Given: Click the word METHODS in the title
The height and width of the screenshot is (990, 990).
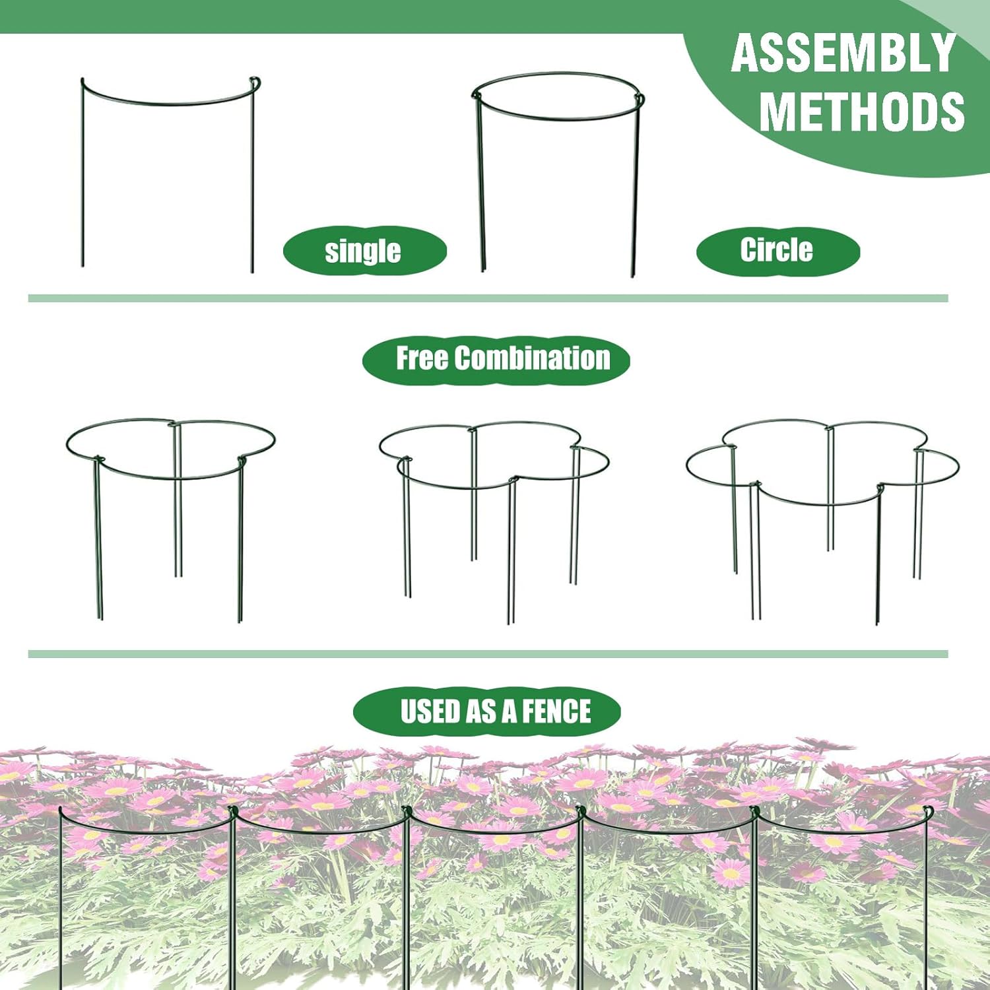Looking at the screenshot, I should click(x=862, y=111).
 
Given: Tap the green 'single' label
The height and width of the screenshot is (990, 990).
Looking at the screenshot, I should click(x=364, y=251).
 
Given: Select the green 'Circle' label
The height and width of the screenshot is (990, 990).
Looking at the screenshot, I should click(x=777, y=250).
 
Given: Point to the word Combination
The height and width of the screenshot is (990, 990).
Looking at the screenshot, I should click(x=532, y=358).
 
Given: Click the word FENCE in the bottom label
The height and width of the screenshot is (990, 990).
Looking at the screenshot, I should click(x=556, y=711).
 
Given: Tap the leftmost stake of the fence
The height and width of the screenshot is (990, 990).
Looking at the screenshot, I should click(x=61, y=898).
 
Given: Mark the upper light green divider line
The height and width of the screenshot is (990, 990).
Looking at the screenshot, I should click(x=488, y=298).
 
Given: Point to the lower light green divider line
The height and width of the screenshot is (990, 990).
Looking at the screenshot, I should click(x=488, y=654).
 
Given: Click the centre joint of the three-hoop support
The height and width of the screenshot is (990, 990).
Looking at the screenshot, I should click(x=175, y=425).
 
